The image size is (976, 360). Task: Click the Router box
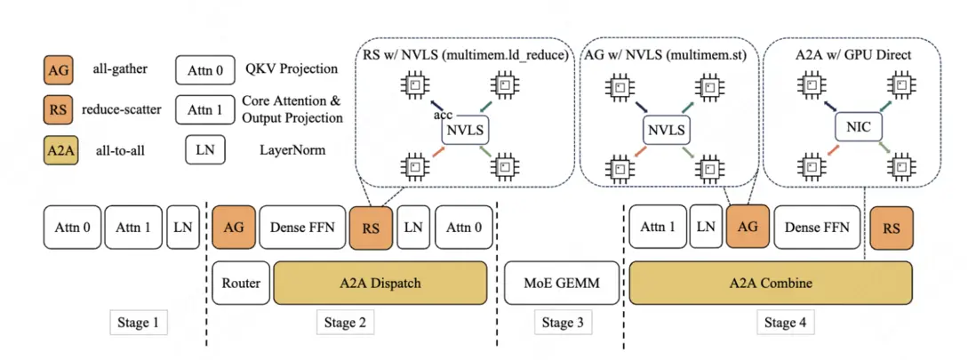tap(242, 284)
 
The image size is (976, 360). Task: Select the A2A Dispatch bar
tap(380, 284)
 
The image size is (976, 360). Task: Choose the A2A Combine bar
tap(770, 284)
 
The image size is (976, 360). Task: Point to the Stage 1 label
tap(139, 322)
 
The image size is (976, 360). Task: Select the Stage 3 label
tap(562, 322)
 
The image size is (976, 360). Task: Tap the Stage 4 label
tap(786, 322)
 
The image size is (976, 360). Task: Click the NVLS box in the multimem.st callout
tap(666, 130)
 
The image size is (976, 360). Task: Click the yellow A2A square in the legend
tap(58, 150)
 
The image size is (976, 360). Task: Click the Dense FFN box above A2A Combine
tap(817, 228)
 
